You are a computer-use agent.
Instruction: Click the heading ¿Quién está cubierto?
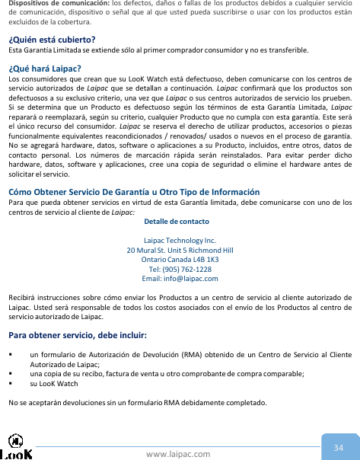pos(51,40)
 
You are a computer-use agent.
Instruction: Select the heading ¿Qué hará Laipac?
pos(50,69)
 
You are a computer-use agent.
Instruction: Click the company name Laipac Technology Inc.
pos(180,240)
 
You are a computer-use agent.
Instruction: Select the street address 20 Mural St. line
pos(180,249)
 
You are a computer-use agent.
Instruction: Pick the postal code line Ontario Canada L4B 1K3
pos(180,258)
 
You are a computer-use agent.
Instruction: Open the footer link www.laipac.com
pos(179,454)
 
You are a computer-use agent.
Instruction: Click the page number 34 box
pos(339,447)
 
